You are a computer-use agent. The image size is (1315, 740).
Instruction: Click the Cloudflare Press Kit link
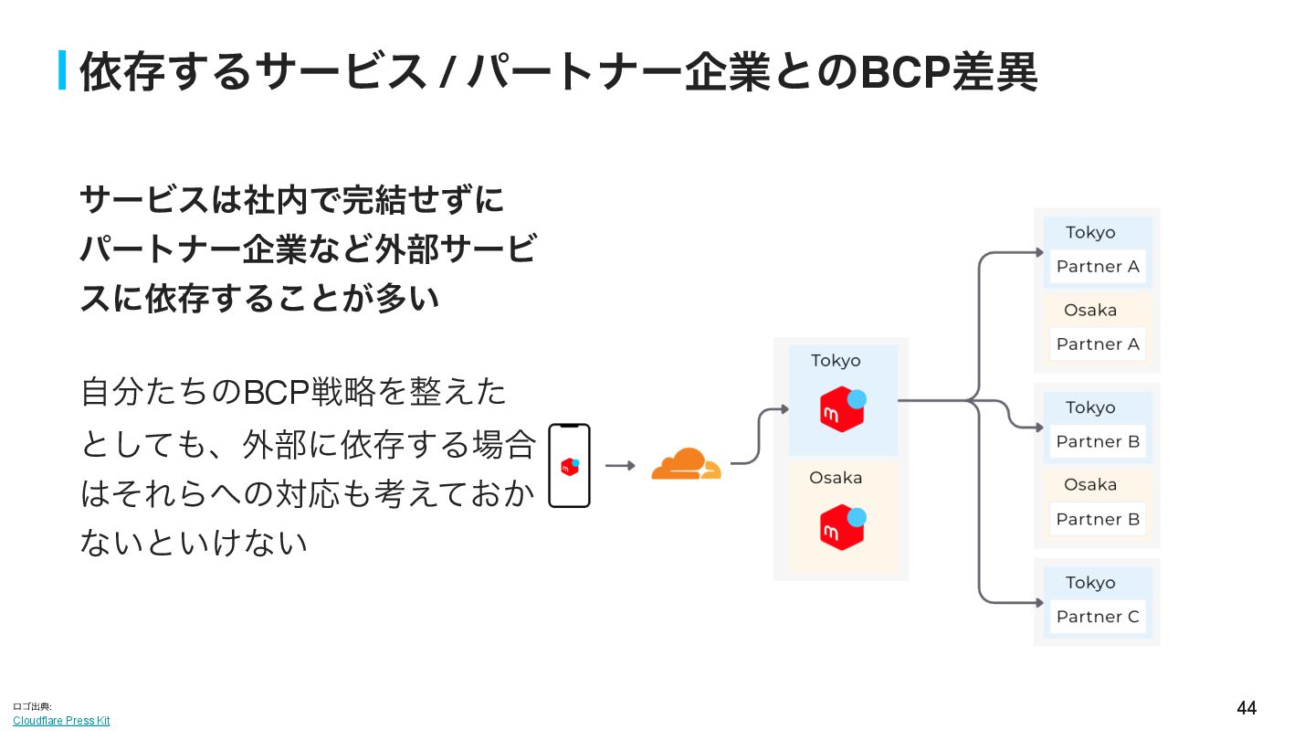click(61, 721)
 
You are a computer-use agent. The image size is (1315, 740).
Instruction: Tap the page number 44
click(1247, 708)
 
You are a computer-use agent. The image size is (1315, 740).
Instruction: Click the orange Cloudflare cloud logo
click(686, 464)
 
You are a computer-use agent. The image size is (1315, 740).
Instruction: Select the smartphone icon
click(569, 465)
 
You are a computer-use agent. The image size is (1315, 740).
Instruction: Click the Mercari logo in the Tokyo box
click(842, 408)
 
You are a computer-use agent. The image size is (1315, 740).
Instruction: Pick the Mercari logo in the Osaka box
click(842, 526)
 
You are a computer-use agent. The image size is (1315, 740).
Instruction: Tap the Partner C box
click(1098, 617)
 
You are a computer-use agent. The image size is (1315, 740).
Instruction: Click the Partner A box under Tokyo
click(1098, 267)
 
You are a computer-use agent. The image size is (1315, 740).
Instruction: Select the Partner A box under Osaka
click(1098, 344)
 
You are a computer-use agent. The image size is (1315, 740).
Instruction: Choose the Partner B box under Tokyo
click(1098, 442)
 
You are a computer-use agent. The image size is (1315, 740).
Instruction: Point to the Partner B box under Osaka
click(1098, 520)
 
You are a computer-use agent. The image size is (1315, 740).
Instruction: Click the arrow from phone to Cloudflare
click(620, 466)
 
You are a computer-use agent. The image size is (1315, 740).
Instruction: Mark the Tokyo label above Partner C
click(1090, 583)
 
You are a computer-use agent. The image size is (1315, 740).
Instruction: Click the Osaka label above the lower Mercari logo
click(836, 478)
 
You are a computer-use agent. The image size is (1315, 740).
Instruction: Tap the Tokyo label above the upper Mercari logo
click(836, 361)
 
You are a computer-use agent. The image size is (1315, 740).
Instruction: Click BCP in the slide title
click(904, 72)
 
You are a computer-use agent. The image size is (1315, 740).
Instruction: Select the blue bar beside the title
click(62, 70)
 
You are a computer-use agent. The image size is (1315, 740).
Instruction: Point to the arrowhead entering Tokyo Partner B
click(1038, 427)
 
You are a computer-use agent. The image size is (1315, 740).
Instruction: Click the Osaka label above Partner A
click(1090, 311)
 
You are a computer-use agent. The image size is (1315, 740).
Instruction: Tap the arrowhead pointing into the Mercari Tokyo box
click(784, 409)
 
